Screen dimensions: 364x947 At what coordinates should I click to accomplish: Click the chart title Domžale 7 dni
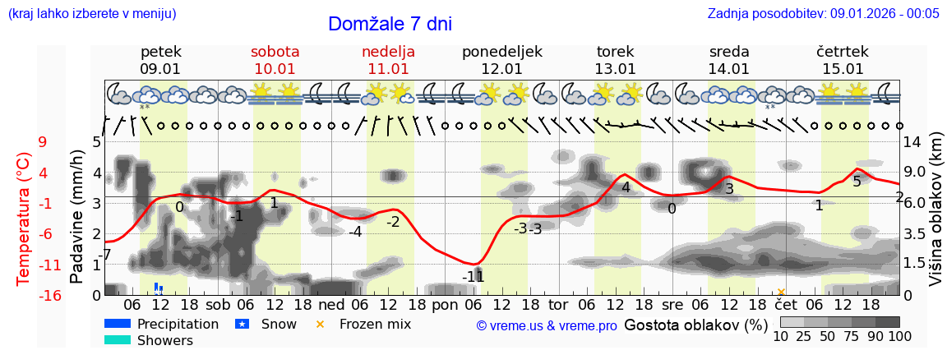390,24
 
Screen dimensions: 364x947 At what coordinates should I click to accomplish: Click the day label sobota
275,52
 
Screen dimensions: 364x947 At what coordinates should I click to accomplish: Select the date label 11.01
388,69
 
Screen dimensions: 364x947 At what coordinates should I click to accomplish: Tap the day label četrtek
843,52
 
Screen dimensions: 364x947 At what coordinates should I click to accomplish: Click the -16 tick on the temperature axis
50,296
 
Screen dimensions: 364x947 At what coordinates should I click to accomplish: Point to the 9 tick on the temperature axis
43,142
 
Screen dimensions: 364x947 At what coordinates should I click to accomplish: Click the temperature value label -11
473,277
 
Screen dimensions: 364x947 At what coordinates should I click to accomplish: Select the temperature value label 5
857,181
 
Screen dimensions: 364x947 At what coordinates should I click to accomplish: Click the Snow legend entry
266,324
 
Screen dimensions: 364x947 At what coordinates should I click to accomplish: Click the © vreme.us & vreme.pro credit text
547,326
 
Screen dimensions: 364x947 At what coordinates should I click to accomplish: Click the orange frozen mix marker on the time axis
781,292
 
